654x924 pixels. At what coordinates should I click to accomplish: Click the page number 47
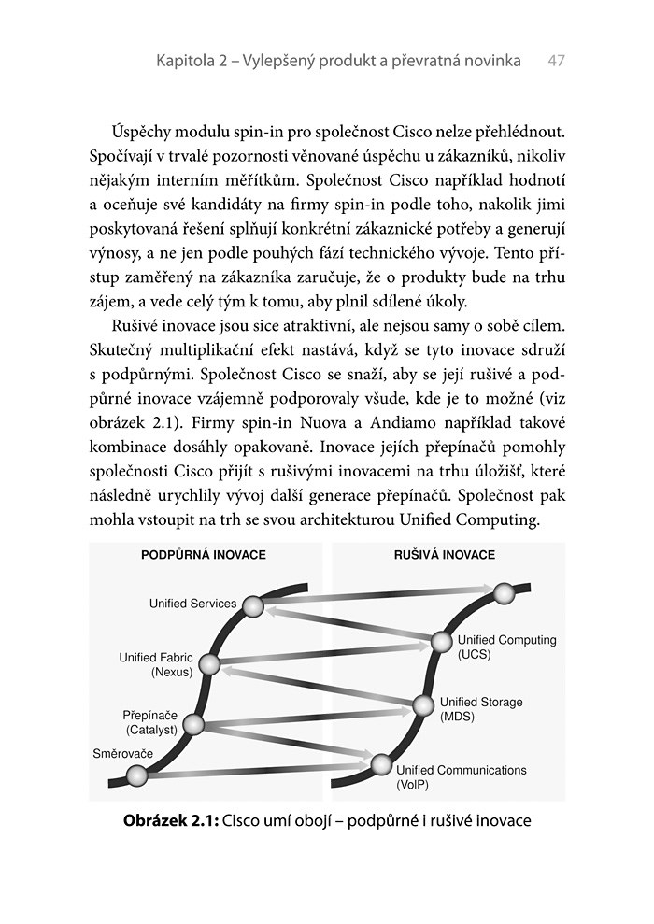(x=557, y=61)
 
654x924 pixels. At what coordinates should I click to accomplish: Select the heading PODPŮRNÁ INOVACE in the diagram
(x=203, y=555)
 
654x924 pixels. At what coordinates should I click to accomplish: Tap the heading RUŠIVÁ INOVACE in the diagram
(x=445, y=555)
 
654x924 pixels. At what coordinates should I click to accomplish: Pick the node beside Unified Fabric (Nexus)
(x=209, y=665)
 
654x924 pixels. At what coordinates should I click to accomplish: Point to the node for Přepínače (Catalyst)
(x=193, y=723)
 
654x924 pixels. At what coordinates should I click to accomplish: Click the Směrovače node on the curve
(x=136, y=775)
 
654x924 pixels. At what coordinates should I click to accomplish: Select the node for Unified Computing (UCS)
(x=441, y=642)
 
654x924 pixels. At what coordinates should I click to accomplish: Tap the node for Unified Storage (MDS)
(x=423, y=704)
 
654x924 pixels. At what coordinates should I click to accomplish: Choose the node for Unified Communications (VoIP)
(x=380, y=764)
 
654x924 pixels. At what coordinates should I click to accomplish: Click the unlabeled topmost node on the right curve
(x=504, y=592)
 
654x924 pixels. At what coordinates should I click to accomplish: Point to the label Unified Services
(x=193, y=604)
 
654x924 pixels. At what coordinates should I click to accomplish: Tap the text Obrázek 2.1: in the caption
(x=171, y=821)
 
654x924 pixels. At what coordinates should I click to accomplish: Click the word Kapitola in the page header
(x=186, y=61)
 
